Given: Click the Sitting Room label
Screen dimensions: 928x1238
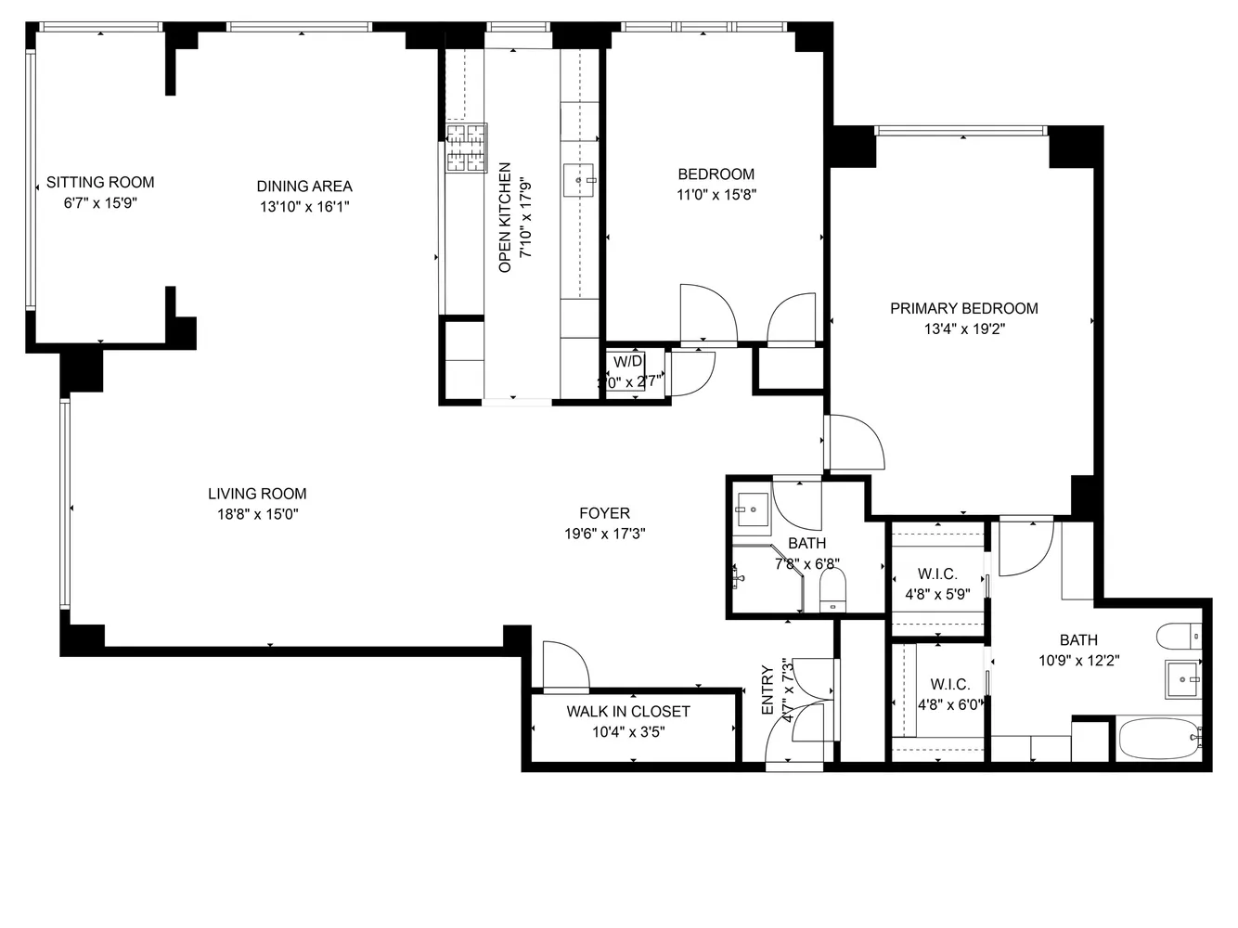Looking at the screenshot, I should click(x=100, y=182).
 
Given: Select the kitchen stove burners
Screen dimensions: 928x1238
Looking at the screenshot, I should click(x=467, y=148).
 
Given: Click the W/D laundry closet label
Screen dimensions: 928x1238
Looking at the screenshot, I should click(x=627, y=361).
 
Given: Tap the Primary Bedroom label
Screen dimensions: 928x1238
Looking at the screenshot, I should click(x=963, y=308).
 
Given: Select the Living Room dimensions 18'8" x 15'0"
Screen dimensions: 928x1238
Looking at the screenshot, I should click(x=256, y=515).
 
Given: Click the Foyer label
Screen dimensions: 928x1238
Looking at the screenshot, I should click(x=604, y=513).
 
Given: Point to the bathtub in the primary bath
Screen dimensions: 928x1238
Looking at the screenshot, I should click(x=1160, y=740).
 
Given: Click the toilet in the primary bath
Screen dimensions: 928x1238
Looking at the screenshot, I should click(x=1180, y=637).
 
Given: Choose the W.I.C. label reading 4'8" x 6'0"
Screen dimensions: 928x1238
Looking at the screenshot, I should click(x=949, y=695).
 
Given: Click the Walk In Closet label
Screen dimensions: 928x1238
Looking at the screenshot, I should click(x=628, y=711).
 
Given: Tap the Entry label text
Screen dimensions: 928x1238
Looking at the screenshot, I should click(x=767, y=690).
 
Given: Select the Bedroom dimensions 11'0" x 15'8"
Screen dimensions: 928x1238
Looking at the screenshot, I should click(x=716, y=195).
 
